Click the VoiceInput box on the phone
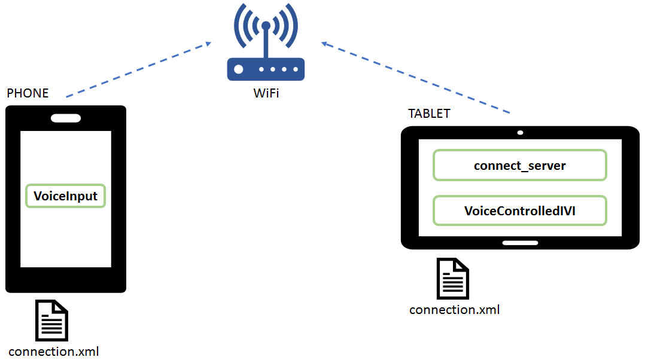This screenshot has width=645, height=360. coord(65,196)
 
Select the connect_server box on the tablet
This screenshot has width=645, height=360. coord(519,165)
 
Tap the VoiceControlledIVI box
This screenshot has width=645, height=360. coord(519,210)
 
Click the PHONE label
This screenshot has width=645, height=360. coord(28,93)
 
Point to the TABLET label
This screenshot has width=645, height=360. coord(429,114)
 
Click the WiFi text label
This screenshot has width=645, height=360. coord(266,93)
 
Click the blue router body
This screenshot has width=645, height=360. coord(266,69)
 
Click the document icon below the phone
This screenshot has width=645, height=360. coord(52,321)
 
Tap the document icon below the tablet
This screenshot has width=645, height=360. coord(453,279)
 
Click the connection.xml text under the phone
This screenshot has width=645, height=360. coord(53,351)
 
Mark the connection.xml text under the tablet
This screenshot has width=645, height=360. coord(454,310)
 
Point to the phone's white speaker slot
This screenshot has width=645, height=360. coord(66,118)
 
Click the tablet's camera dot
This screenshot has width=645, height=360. coord(520,132)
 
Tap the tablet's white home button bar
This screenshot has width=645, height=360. coord(520,243)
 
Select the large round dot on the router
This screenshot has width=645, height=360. coord(239,69)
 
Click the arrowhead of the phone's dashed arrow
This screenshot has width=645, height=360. coord(207,43)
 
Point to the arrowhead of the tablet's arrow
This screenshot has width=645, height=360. coord(325,44)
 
